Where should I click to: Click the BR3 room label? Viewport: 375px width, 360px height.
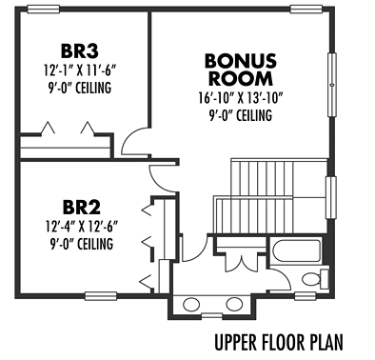[79, 51]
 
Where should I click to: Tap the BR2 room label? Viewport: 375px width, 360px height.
[82, 208]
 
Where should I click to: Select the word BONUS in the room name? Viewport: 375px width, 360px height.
[241, 61]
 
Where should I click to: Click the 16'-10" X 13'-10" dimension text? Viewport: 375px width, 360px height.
[241, 98]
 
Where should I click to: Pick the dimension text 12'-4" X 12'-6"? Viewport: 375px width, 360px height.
[82, 228]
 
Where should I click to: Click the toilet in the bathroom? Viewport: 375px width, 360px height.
[315, 279]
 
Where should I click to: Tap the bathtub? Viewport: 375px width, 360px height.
[295, 251]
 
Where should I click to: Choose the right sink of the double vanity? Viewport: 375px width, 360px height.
[235, 304]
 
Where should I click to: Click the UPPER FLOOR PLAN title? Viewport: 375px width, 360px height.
[279, 343]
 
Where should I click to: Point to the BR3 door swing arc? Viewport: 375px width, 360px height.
[129, 136]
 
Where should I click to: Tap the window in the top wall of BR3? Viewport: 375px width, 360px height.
[43, 10]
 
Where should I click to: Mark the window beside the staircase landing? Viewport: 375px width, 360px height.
[331, 197]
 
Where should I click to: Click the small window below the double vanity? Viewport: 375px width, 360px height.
[212, 315]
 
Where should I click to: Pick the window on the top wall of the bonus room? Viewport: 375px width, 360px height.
[306, 10]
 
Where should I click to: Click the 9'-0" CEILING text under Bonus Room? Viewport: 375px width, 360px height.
[241, 115]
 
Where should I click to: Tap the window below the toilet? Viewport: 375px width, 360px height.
[306, 296]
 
